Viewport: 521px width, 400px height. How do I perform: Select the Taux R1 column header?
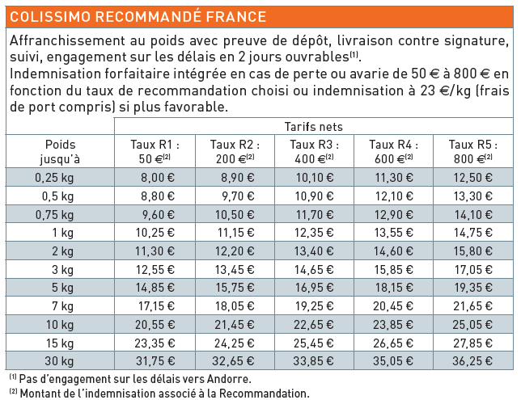[155, 151]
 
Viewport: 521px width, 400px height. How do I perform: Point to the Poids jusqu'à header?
[61, 151]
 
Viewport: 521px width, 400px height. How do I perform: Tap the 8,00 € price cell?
[158, 178]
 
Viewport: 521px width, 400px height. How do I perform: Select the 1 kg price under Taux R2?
[237, 232]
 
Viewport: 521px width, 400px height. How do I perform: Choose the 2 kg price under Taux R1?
[158, 251]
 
